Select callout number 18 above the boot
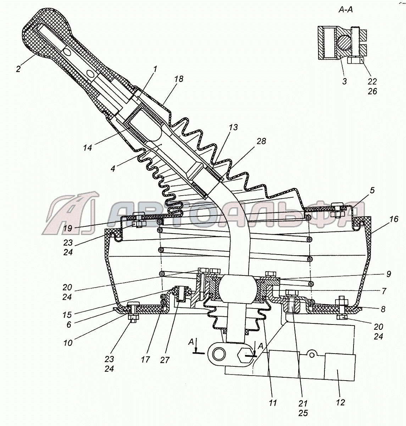click(x=179, y=79)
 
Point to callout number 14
click(x=88, y=147)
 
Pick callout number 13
click(x=233, y=127)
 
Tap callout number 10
click(x=68, y=343)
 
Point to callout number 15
click(x=67, y=315)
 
